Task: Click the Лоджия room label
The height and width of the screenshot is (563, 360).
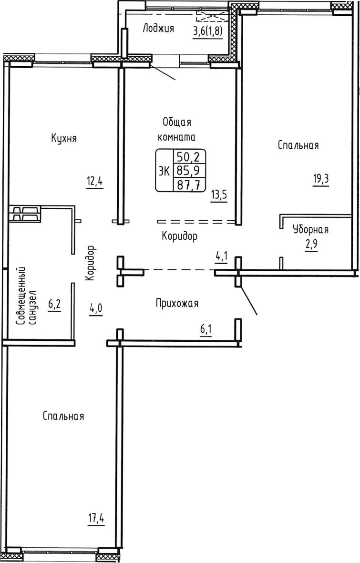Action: pyautogui.click(x=158, y=29)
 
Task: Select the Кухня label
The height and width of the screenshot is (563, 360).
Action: pyautogui.click(x=64, y=139)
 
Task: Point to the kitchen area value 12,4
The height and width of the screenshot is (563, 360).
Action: pyautogui.click(x=95, y=182)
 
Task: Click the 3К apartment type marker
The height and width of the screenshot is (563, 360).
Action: pyautogui.click(x=164, y=171)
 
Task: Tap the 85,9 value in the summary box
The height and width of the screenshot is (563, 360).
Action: pyautogui.click(x=187, y=170)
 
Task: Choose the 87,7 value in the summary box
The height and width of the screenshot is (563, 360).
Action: pyautogui.click(x=187, y=184)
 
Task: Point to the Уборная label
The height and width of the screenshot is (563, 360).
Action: pyautogui.click(x=310, y=230)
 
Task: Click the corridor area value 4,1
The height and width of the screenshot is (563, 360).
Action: pyautogui.click(x=221, y=256)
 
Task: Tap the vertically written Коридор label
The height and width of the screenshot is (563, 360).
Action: pyautogui.click(x=92, y=263)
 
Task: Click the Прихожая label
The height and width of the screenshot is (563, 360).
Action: pyautogui.click(x=176, y=303)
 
